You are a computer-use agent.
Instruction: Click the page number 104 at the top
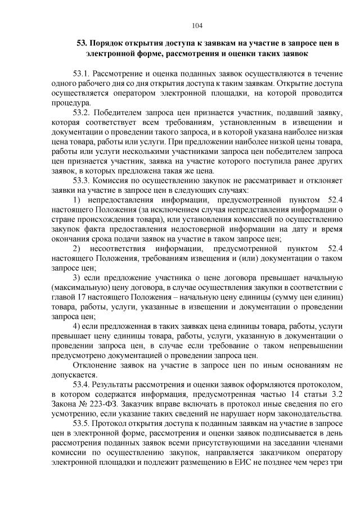click(196, 25)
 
